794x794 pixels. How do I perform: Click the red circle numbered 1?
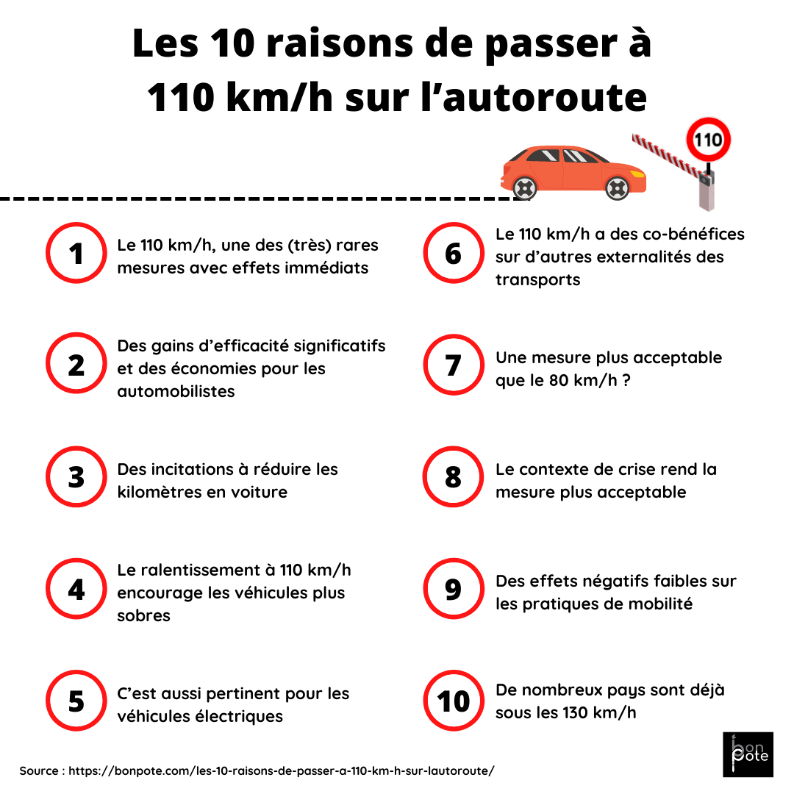pos(76,254)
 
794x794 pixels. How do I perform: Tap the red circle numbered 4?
pos(76,590)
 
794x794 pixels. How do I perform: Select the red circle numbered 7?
pos(454,365)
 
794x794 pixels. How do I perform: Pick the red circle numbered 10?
pos(454,701)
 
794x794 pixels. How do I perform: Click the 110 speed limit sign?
pos(709,140)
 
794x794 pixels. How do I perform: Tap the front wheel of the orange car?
pos(616,188)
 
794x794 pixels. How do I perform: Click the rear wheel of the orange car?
pos(523,188)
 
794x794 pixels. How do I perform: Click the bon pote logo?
pos(748,754)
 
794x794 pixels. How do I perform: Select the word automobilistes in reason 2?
pos(176,391)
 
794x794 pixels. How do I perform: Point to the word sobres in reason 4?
pos(143,615)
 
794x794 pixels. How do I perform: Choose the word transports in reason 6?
pos(537,279)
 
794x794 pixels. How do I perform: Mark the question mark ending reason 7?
pos(626,381)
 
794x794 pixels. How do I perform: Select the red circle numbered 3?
pos(76,477)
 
